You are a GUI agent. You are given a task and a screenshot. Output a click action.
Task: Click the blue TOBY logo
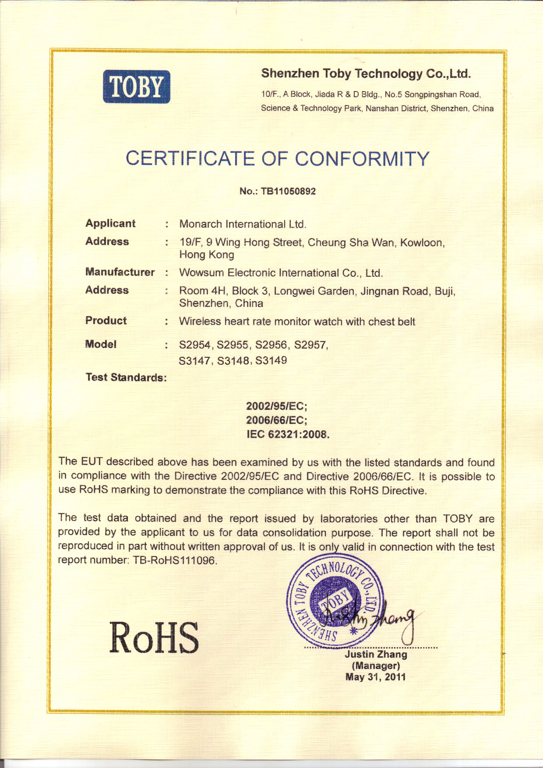(137, 87)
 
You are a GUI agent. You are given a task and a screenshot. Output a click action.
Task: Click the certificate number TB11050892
(288, 191)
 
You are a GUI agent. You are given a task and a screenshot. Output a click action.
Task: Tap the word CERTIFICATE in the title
(190, 159)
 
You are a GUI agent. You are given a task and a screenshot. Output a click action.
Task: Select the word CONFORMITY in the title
(362, 159)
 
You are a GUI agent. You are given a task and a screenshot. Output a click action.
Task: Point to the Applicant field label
(110, 223)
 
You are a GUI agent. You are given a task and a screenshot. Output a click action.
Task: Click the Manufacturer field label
(120, 272)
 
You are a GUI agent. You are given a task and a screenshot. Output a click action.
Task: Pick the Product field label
(106, 321)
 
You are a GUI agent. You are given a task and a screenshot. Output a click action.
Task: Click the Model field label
(101, 344)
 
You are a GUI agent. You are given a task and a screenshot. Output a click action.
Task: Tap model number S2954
(194, 345)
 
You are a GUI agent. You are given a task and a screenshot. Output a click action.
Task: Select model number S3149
(271, 360)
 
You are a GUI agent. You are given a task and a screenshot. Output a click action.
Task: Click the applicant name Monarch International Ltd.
(243, 224)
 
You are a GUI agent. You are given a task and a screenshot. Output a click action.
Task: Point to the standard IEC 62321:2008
(288, 434)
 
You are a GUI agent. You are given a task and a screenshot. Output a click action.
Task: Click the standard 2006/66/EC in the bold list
(276, 420)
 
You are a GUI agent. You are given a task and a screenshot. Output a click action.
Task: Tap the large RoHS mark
(154, 638)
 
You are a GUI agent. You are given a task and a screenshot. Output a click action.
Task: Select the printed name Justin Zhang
(376, 654)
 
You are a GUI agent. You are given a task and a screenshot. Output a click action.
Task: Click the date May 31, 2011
(375, 677)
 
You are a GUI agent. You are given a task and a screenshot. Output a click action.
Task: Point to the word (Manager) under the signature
(376, 666)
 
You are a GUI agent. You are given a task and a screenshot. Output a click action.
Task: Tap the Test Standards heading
(126, 377)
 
